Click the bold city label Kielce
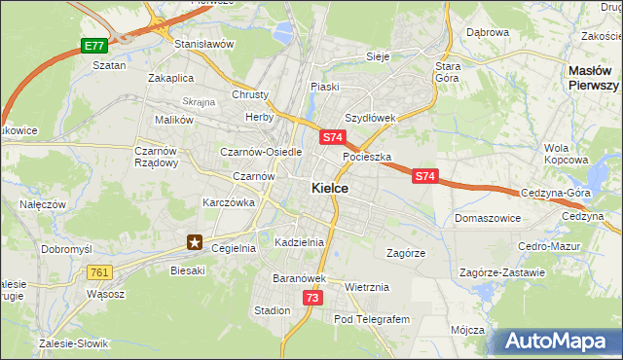330,189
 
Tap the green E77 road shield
93,46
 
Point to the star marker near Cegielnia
195,242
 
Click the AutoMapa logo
558,341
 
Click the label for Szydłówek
370,118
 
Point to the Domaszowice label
487,218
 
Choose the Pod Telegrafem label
373,319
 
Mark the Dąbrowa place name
488,32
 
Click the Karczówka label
228,202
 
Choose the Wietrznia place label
367,287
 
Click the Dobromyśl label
66,249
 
